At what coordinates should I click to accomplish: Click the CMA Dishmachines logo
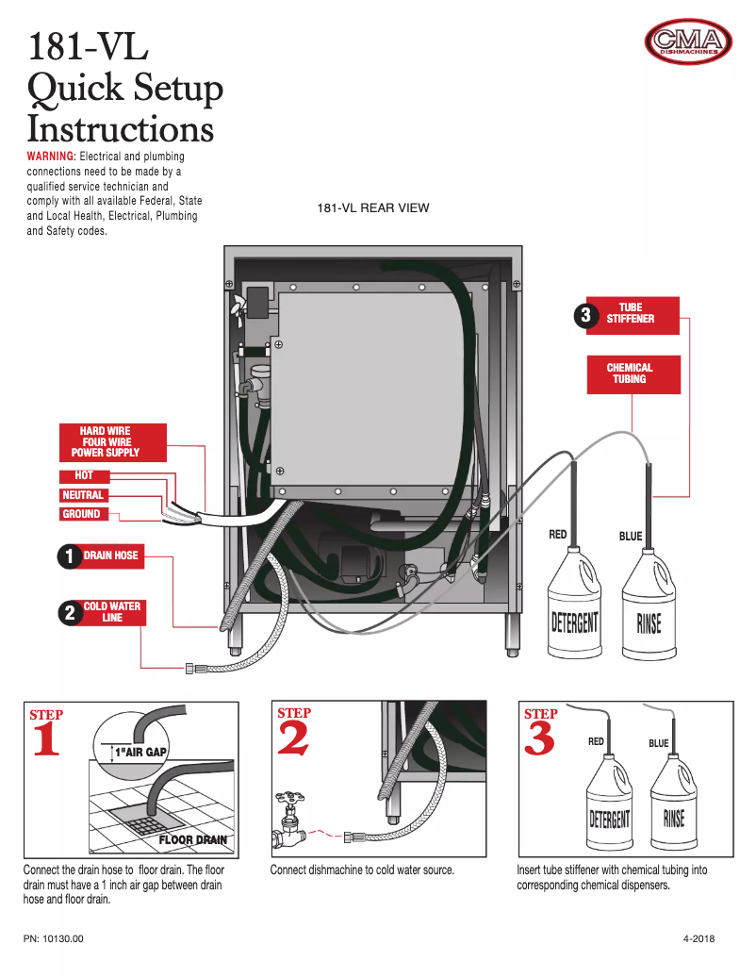688,41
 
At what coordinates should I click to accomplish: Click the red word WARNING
50,156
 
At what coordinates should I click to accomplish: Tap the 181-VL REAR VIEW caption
372,207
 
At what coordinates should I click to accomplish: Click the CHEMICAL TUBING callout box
630,373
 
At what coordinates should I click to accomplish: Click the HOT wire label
84,475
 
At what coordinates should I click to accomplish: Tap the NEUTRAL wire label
83,495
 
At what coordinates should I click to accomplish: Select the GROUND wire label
82,514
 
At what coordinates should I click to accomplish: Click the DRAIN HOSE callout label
110,555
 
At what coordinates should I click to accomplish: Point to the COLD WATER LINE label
111,612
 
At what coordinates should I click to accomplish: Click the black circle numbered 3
585,316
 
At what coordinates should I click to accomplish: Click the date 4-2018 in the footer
698,939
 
